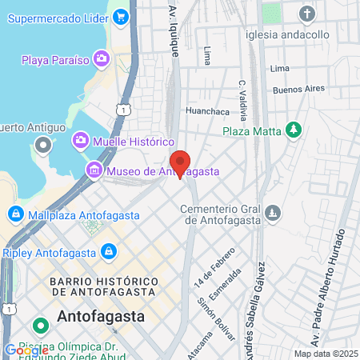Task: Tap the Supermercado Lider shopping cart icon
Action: coord(121,15)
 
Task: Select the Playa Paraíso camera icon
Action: coord(101,58)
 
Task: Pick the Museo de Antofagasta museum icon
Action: coord(94,170)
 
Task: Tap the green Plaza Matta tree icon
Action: coord(295,130)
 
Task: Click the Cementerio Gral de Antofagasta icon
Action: coord(273,214)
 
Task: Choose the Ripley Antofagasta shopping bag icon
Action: coord(108,253)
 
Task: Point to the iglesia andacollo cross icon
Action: coord(307,14)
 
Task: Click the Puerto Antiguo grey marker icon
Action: coord(42,146)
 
